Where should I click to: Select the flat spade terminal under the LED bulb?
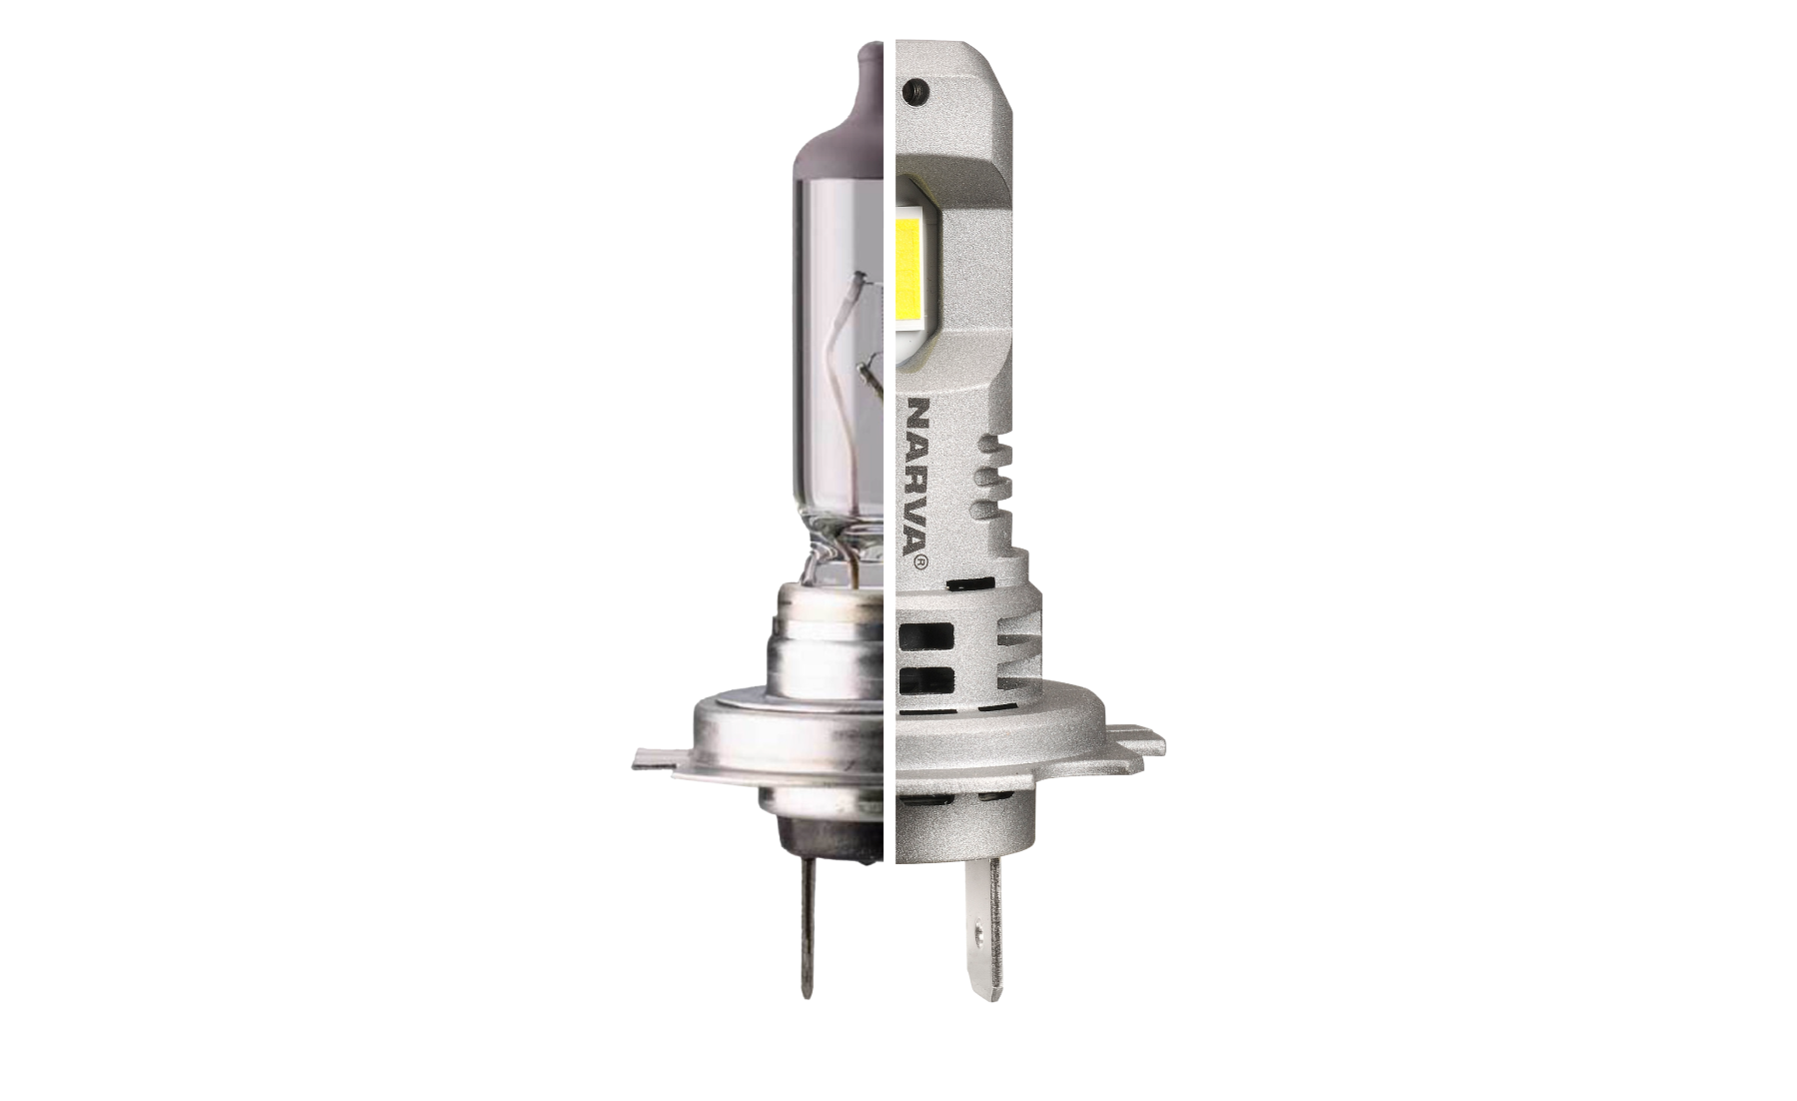981,929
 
